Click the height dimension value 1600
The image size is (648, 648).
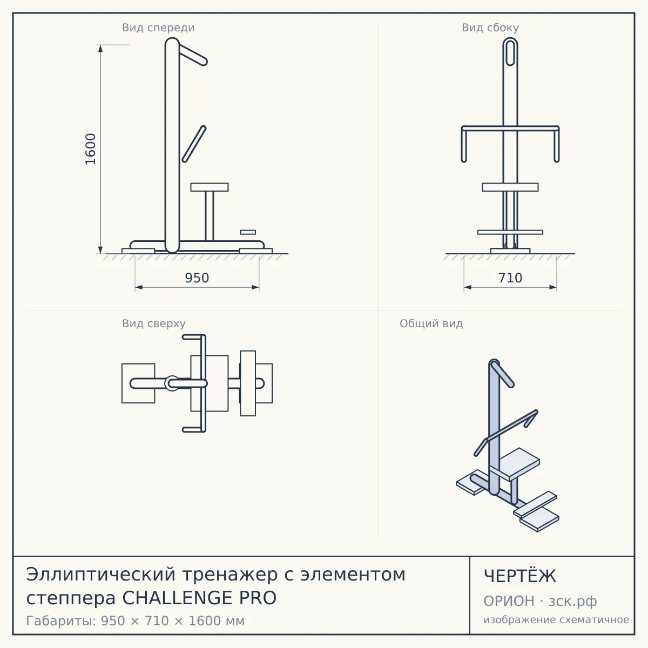click(91, 149)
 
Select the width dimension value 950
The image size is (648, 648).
click(197, 278)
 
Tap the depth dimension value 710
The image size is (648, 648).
click(510, 278)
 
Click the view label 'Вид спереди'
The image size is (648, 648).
click(158, 28)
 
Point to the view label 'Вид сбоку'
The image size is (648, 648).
click(490, 28)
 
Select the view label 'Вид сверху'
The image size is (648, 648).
click(154, 323)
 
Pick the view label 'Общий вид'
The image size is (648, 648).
click(431, 323)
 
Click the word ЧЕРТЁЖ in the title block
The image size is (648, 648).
click(520, 576)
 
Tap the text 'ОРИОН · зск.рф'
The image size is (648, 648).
click(540, 601)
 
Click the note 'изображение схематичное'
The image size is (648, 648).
click(556, 620)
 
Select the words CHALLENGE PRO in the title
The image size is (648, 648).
click(199, 598)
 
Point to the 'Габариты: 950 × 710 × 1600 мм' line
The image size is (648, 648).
click(135, 621)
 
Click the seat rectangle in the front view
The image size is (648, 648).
click(210, 187)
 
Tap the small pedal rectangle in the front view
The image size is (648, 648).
click(248, 232)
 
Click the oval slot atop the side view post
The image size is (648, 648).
click(510, 52)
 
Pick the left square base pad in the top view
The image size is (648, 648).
click(138, 383)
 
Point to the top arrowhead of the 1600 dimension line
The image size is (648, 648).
click(100, 49)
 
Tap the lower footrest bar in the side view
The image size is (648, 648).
click(510, 232)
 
